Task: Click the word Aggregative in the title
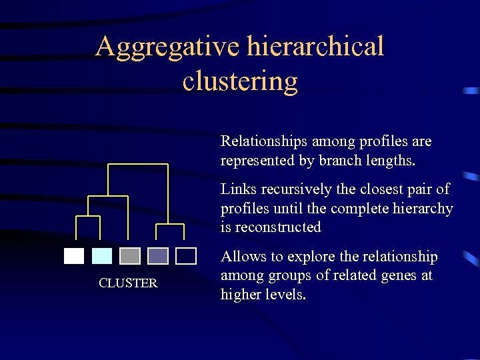168,47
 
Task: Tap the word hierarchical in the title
315,47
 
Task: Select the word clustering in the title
240,81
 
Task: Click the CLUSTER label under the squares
128,283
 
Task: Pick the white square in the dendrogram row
74,256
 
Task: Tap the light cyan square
102,256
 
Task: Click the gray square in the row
130,256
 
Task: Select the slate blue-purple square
158,256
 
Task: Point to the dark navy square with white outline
186,256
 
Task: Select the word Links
237,189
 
